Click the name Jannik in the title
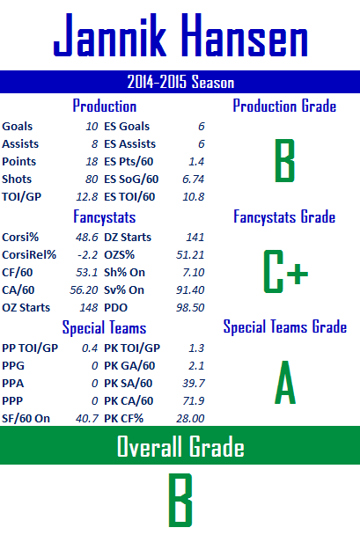[x=110, y=35]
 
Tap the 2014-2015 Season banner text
[x=180, y=82]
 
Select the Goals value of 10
[x=92, y=127]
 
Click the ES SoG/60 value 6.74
[x=193, y=180]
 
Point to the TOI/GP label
[x=21, y=197]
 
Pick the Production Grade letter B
[x=284, y=160]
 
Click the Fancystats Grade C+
[x=285, y=272]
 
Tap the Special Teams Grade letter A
[x=285, y=383]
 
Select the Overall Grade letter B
[x=180, y=500]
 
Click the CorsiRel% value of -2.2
[x=88, y=255]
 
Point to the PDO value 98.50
[x=190, y=308]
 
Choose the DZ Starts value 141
[x=195, y=237]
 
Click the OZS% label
[x=120, y=255]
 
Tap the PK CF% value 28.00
[x=190, y=419]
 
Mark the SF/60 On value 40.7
[x=87, y=419]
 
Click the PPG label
[x=13, y=366]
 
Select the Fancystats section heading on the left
[x=105, y=217]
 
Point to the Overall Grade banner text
[x=180, y=445]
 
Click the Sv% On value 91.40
[x=190, y=290]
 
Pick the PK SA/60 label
[x=129, y=383]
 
